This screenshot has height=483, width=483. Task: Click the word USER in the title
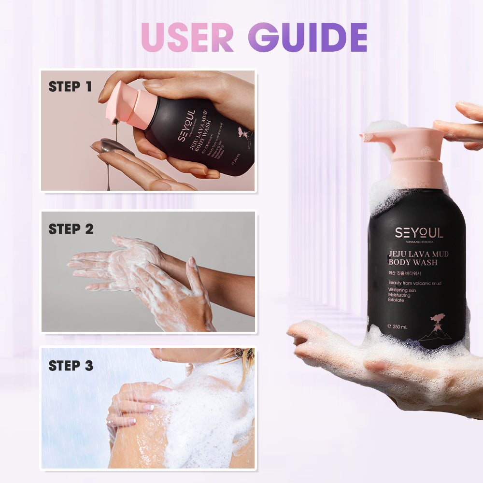point(188,37)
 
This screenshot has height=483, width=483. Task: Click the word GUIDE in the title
point(307,37)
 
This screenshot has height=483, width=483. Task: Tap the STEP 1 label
point(70,87)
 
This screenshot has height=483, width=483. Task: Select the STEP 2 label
point(71,229)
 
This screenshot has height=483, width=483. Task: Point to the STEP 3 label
point(71,366)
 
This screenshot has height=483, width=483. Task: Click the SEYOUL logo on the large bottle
point(418,233)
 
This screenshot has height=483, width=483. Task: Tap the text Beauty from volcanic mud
point(415,284)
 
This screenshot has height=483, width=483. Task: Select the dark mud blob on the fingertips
point(116,146)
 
